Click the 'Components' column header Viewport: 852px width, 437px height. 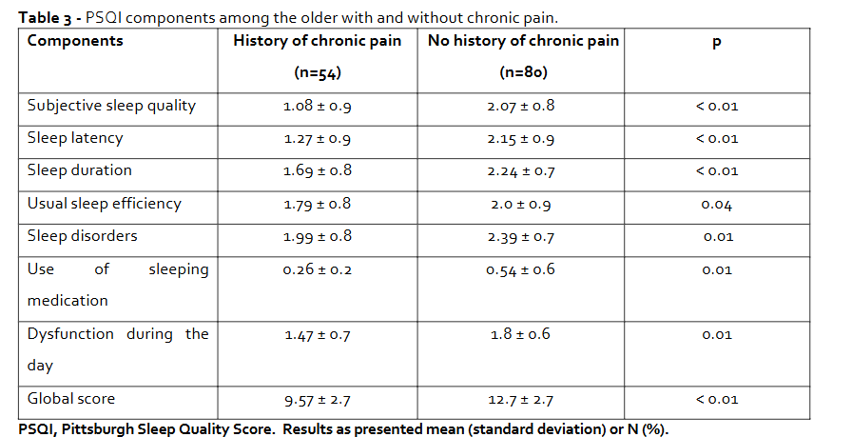[x=75, y=41]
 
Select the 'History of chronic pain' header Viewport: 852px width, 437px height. [x=317, y=41]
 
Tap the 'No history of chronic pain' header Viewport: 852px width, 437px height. [x=523, y=41]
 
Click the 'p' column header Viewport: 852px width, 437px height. [x=716, y=43]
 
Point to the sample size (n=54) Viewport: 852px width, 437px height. [x=317, y=72]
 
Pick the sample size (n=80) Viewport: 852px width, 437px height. [x=520, y=72]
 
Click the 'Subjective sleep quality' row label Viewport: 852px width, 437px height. [x=111, y=106]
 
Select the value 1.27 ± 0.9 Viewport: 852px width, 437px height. [x=317, y=139]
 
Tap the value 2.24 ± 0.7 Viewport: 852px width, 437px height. [x=520, y=171]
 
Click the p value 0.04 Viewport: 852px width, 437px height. [x=716, y=205]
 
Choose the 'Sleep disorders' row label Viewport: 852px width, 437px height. [x=82, y=236]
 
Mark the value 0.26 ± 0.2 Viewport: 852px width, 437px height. [x=317, y=270]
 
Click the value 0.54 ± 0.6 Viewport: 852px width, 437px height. [x=520, y=270]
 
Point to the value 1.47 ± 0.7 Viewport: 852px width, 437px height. [x=317, y=335]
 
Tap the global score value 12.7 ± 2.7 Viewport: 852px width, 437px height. [x=520, y=400]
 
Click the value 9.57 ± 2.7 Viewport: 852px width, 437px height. [x=317, y=400]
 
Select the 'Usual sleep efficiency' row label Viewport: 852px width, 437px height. [x=104, y=204]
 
